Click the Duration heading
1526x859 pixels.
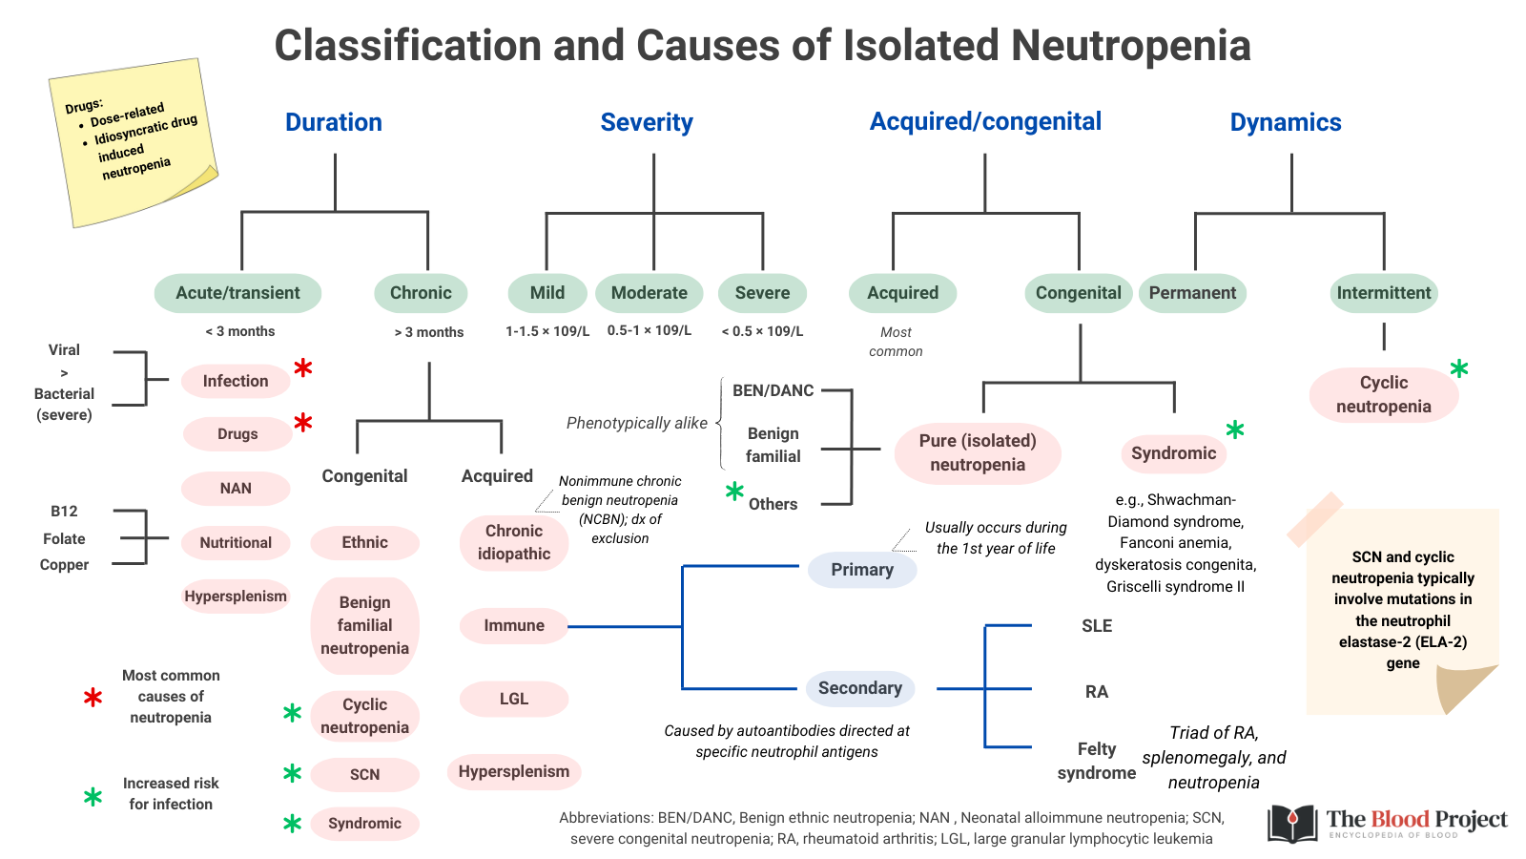334,122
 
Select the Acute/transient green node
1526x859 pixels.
237,293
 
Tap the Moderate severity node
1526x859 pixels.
649,293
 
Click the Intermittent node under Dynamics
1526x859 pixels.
1383,293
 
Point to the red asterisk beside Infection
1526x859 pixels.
303,368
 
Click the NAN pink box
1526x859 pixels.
236,489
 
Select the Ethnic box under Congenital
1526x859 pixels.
364,542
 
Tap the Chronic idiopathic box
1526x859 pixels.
514,542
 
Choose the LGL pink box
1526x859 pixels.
514,699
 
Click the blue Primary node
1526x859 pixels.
862,570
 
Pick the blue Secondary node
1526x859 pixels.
859,688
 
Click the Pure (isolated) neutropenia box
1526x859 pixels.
978,452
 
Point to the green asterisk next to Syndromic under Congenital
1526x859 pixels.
1235,430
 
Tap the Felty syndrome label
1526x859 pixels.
1096,761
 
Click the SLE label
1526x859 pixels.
1097,626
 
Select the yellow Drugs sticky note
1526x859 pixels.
134,143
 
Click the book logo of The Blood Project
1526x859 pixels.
1292,824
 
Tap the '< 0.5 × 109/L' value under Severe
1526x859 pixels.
762,331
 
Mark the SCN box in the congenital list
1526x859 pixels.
364,774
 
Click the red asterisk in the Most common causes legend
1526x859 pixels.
93,698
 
